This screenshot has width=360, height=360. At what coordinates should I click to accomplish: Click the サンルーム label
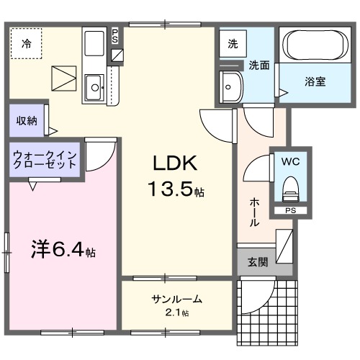pos(176,300)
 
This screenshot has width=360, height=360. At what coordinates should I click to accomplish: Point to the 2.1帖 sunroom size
pos(176,313)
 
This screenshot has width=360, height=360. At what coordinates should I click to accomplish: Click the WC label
pos(290,161)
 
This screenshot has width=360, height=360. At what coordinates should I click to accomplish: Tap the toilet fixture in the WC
pos(290,189)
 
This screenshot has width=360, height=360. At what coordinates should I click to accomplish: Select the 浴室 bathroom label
pos(315,81)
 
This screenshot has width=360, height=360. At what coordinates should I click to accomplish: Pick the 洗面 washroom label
pos(259,65)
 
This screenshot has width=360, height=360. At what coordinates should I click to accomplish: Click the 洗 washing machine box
pos(233,44)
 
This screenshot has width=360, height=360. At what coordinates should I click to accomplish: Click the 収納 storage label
pos(27,120)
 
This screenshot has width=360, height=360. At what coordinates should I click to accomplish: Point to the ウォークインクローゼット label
pos(45,158)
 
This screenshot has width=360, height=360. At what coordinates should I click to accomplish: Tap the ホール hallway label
pos(254,213)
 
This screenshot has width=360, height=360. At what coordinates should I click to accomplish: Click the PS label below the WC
pos(290,211)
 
